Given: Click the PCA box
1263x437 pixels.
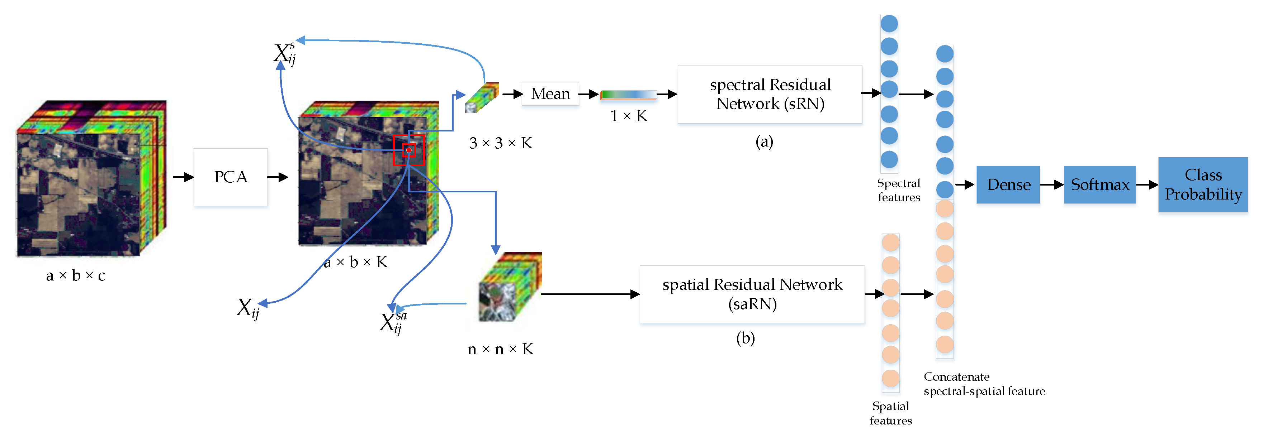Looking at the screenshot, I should pos(231,177).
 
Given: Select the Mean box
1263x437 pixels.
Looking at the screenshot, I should pos(550,93).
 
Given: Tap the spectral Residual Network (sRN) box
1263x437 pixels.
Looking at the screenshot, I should pos(770,94).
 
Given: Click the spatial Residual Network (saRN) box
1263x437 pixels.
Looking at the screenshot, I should pos(752,294).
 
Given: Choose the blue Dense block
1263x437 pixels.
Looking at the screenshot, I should pos(1008,185).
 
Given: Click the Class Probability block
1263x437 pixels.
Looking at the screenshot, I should pos(1203,185).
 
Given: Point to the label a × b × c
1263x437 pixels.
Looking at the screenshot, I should pos(76,275).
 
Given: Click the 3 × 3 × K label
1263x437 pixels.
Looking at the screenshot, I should pos(500,143).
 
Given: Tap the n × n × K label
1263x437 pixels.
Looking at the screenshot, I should pos(500,349).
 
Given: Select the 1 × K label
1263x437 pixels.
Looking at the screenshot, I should pos(629,116).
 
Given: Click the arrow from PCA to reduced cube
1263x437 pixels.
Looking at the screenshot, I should pos(278,177).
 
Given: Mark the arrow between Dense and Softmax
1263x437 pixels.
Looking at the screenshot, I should pos(1052,185).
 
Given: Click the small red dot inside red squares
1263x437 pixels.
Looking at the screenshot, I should pos(409,150).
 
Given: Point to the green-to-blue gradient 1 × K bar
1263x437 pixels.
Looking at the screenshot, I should pos(629,95).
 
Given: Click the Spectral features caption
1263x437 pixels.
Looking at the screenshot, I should pos(898,190).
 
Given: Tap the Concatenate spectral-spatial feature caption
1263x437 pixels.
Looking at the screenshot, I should pos(984,384).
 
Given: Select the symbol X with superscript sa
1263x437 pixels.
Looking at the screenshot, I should pos(393,322).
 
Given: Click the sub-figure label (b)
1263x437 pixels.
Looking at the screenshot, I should pos(745,338).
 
